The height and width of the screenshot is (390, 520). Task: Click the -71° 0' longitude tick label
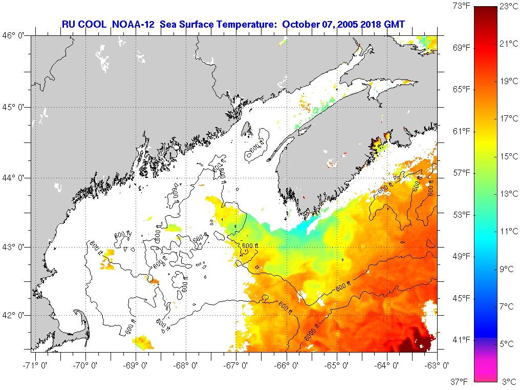tap(33, 365)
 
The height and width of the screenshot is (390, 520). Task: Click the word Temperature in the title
tap(248, 24)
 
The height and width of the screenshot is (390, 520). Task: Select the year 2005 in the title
tap(348, 24)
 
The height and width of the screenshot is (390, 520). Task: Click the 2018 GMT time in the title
tap(383, 24)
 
